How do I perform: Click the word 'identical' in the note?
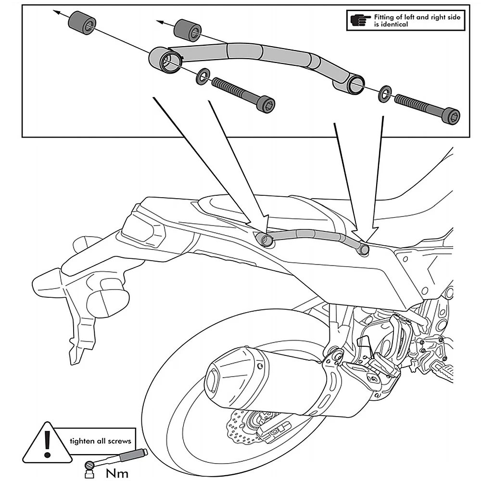[391, 24]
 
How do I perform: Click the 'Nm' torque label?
[117, 473]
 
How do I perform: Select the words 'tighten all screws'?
[100, 441]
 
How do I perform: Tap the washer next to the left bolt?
[202, 75]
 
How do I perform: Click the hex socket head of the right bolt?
[452, 116]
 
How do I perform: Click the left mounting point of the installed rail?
[264, 239]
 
